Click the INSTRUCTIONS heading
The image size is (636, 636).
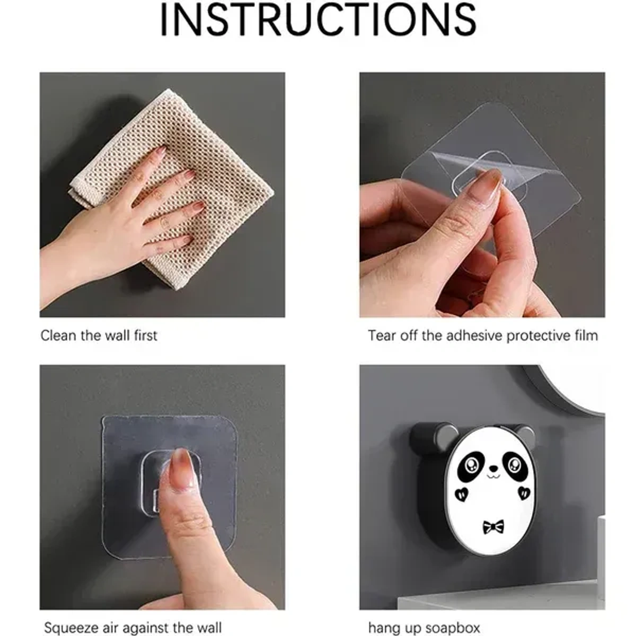click(x=318, y=20)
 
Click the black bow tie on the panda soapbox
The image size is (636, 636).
click(x=493, y=527)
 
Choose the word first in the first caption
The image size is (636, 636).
click(x=145, y=335)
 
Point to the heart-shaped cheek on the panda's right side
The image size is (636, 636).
click(x=524, y=492)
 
